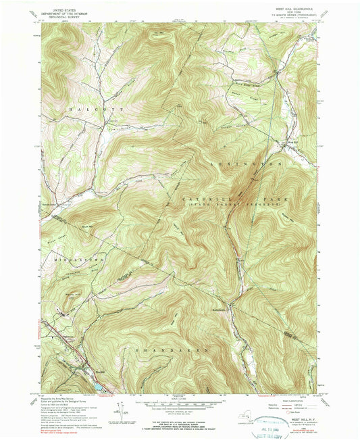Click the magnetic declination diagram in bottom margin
click(122, 409)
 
